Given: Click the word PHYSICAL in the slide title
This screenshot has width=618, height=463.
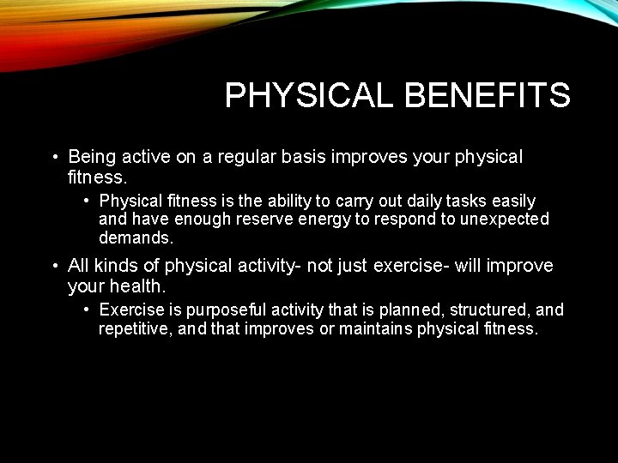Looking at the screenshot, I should click(310, 95).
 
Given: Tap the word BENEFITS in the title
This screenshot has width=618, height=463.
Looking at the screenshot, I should click(487, 95).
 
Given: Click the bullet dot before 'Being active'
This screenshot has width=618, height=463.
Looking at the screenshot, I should click(53, 158).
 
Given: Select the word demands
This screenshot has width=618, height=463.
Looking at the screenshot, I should click(136, 238).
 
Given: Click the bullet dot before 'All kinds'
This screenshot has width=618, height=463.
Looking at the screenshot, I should click(53, 266).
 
